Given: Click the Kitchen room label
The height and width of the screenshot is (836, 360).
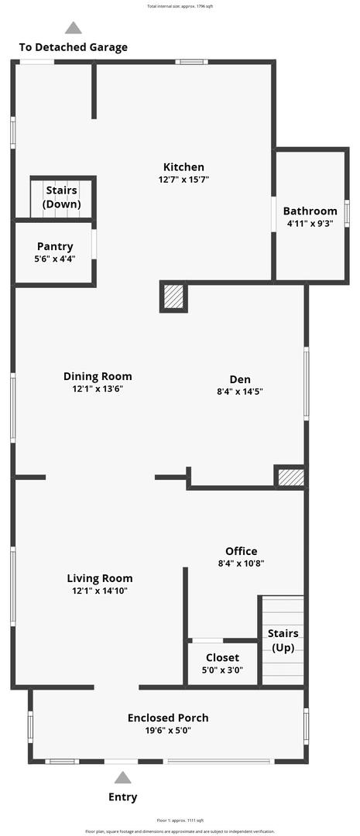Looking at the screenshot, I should [183, 167].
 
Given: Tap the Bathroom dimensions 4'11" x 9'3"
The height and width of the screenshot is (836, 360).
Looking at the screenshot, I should [310, 224].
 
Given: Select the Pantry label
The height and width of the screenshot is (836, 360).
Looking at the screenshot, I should [55, 247].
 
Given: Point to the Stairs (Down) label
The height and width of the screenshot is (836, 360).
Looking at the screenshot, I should [61, 197].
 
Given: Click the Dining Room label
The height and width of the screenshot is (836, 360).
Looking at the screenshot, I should [98, 377].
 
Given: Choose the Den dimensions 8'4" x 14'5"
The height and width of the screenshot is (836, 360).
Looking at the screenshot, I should [239, 392].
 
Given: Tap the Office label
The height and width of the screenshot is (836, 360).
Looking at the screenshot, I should [242, 551].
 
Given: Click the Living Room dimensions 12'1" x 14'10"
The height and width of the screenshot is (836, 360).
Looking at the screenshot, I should [99, 591].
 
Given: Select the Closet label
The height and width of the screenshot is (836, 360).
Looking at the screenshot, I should [222, 658].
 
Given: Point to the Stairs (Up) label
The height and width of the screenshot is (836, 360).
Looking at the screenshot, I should [283, 641].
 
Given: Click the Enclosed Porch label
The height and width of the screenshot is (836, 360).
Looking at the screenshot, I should [168, 718].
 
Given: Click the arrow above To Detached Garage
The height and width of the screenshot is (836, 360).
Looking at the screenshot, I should [74, 28].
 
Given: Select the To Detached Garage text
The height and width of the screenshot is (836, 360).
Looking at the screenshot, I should [74, 47].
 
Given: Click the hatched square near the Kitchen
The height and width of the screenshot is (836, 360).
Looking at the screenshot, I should [174, 297].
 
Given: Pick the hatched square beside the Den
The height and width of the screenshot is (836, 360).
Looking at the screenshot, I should [290, 477].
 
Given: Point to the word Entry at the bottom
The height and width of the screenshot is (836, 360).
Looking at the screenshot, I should [123, 797].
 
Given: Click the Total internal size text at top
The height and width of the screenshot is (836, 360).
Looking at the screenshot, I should [180, 6].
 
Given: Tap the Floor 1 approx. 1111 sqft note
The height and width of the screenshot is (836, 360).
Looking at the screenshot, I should [180, 820].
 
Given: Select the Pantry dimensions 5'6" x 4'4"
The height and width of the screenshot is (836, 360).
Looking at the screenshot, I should [55, 259].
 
